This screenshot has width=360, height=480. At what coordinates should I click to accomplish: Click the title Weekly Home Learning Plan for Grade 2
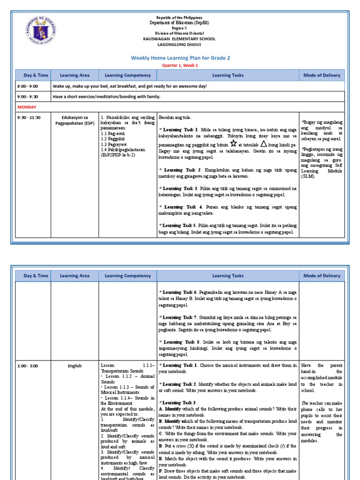click(x=180, y=58)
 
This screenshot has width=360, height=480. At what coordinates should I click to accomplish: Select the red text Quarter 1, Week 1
click(x=180, y=66)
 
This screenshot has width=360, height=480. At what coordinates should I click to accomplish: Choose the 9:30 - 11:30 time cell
click(x=29, y=117)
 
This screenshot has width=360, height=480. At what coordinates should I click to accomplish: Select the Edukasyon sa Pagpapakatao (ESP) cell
click(x=75, y=120)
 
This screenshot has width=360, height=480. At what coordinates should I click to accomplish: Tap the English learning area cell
click(x=75, y=366)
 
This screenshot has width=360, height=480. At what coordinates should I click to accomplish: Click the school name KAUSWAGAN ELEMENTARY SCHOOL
click(x=180, y=39)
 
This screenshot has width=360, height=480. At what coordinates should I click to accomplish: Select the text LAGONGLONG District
click(x=180, y=45)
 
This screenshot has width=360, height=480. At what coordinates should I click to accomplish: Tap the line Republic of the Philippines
click(x=180, y=17)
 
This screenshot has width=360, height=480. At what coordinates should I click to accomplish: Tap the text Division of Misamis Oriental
click(x=180, y=34)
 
